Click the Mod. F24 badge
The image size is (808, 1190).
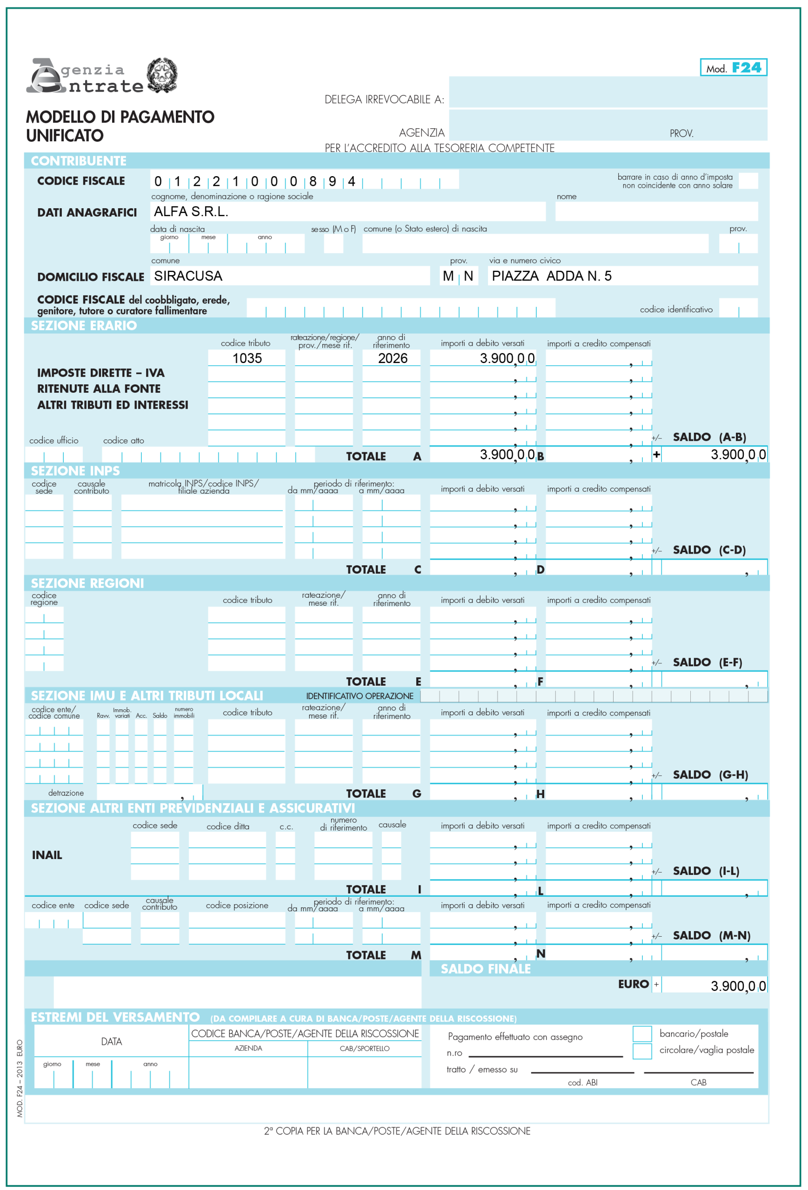pos(733,67)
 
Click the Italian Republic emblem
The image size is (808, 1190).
pos(163,75)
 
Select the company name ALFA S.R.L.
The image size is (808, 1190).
pos(191,212)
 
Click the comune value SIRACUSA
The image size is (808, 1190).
pos(188,276)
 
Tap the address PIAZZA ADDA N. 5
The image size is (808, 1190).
pos(551,276)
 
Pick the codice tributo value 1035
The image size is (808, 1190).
pos(247,358)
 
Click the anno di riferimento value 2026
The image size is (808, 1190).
pos(393,358)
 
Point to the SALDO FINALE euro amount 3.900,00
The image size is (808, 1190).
pos(738,985)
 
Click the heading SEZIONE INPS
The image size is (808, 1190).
pos(75,470)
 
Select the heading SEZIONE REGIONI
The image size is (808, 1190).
pos(87,583)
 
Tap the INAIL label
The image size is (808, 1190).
pos(47,855)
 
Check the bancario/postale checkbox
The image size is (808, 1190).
pos(642,1033)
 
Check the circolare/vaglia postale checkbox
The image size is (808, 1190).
pos(642,1051)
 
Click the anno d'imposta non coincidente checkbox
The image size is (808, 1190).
pos(748,181)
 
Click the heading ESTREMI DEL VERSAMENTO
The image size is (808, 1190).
pos(115,1017)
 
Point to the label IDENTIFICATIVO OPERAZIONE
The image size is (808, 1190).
pos(360,696)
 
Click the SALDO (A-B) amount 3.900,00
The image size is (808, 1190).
pos(738,454)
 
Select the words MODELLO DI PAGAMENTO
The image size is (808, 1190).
pos(120,117)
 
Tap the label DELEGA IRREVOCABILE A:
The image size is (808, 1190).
pos(384,100)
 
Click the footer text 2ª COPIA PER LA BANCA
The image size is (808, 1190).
pos(397,1130)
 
